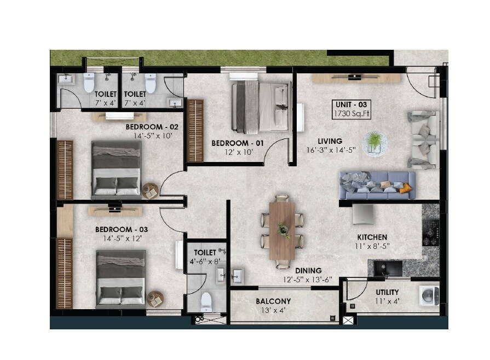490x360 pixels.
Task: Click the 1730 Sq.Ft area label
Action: click(354, 114)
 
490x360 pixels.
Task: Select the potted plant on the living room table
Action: click(375, 141)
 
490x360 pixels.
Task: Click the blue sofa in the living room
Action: click(377, 185)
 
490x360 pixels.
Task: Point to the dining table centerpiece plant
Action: click(284, 230)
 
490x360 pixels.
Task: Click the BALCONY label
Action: click(273, 301)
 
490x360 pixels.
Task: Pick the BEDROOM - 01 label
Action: click(238, 143)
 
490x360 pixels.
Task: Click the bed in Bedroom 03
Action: click(121, 278)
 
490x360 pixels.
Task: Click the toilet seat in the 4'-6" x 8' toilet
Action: click(206, 301)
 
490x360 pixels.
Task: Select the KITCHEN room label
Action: click(372, 237)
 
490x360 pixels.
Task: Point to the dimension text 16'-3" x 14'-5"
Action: click(332, 150)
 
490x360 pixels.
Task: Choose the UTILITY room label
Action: click(387, 292)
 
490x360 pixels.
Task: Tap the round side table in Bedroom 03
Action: click(155, 298)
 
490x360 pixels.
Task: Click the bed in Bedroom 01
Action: click(260, 106)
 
